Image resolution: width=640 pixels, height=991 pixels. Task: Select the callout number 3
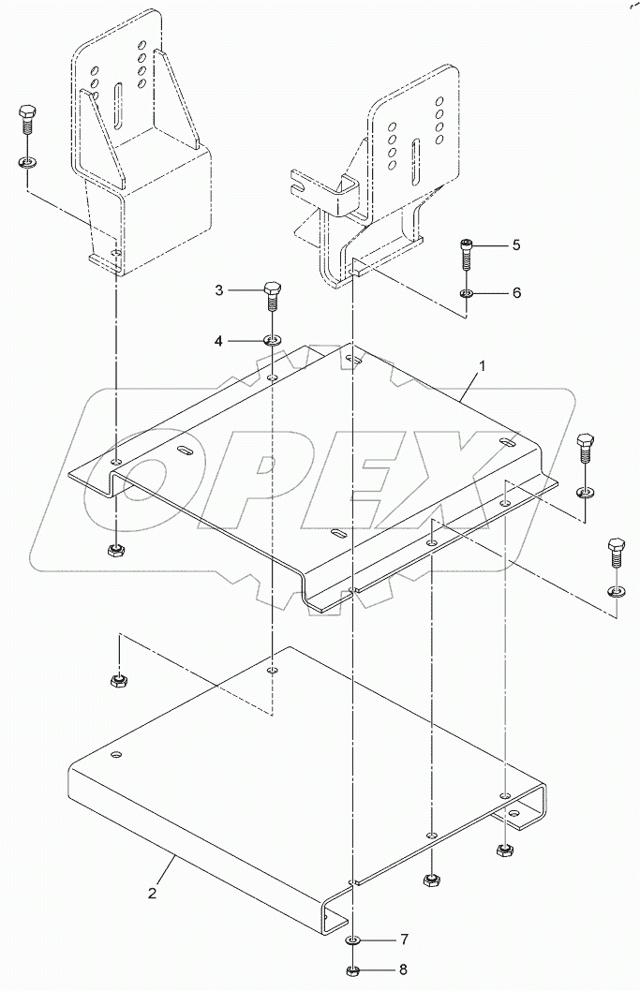218,290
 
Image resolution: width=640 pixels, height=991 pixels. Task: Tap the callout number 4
218,341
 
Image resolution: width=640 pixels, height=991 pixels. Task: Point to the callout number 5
515,245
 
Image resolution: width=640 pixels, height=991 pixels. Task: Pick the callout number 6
515,293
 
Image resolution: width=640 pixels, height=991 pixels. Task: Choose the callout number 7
405,939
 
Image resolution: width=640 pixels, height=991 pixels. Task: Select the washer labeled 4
272,338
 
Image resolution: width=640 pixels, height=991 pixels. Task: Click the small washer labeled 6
467,294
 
